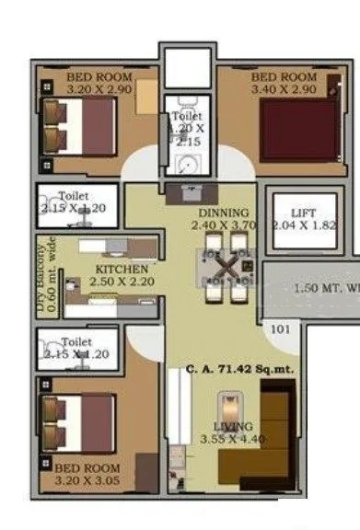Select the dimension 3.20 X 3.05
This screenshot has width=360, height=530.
point(87,480)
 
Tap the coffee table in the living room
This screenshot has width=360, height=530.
point(226,412)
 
